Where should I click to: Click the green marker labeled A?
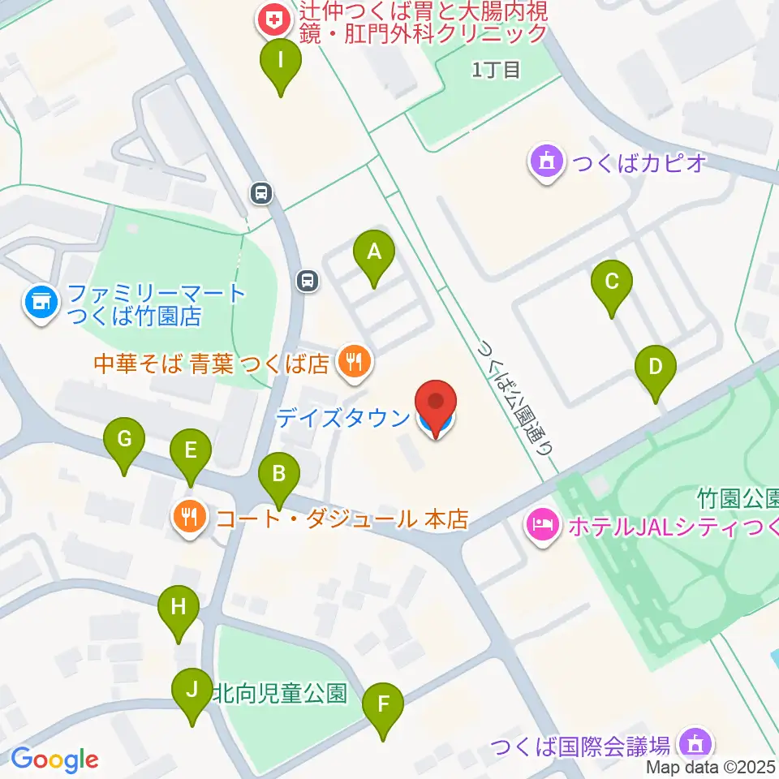373,253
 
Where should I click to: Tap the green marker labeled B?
278,475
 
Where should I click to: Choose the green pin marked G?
124,441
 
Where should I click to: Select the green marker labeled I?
280,62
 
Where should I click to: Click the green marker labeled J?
192,691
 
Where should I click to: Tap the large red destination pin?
437,404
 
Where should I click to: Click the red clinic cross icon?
270,17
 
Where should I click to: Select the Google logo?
54,760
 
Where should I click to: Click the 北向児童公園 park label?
279,694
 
